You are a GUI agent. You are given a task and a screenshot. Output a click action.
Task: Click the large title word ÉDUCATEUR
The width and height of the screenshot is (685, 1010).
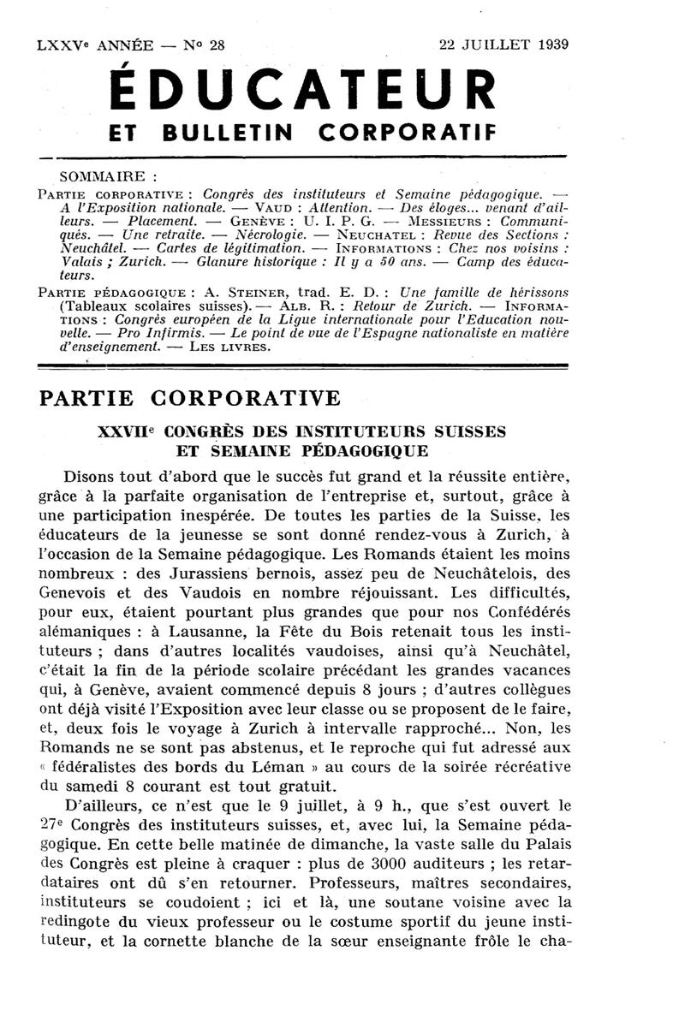(x=304, y=87)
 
